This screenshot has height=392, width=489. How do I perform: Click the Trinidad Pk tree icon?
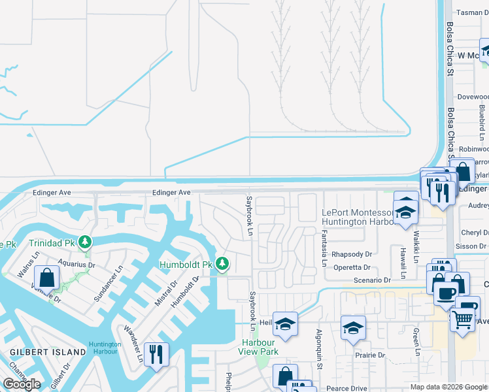(x=84, y=243)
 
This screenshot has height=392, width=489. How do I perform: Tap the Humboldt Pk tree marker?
(x=223, y=265)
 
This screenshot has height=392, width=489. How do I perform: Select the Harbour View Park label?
(x=260, y=347)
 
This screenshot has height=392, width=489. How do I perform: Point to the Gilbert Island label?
(x=48, y=352)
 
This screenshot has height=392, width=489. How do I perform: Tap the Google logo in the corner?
(x=22, y=384)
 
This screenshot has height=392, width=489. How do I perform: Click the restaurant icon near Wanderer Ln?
(x=156, y=353)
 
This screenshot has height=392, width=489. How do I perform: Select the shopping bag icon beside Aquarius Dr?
(x=48, y=277)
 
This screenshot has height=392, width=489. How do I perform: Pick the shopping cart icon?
(x=462, y=319)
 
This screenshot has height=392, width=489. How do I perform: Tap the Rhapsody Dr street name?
(x=352, y=255)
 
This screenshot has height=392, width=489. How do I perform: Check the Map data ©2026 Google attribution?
(x=448, y=387)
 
